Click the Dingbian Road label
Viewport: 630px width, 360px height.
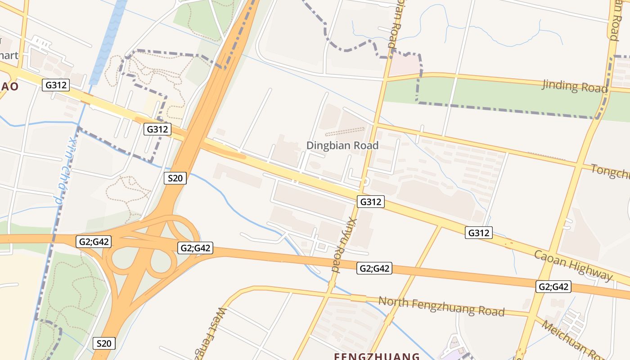(342, 145)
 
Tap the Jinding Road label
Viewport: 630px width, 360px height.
(575, 85)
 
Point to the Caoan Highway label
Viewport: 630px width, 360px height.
(573, 265)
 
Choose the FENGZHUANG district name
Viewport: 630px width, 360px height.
(377, 356)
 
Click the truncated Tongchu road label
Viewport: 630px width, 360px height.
(610, 172)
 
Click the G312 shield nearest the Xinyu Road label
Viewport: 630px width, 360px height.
(371, 202)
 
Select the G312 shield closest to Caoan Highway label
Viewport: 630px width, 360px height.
(478, 233)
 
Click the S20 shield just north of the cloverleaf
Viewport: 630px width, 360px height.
(175, 178)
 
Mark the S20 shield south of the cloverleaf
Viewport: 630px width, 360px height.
(104, 343)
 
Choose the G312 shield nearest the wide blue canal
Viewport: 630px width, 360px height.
(56, 85)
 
